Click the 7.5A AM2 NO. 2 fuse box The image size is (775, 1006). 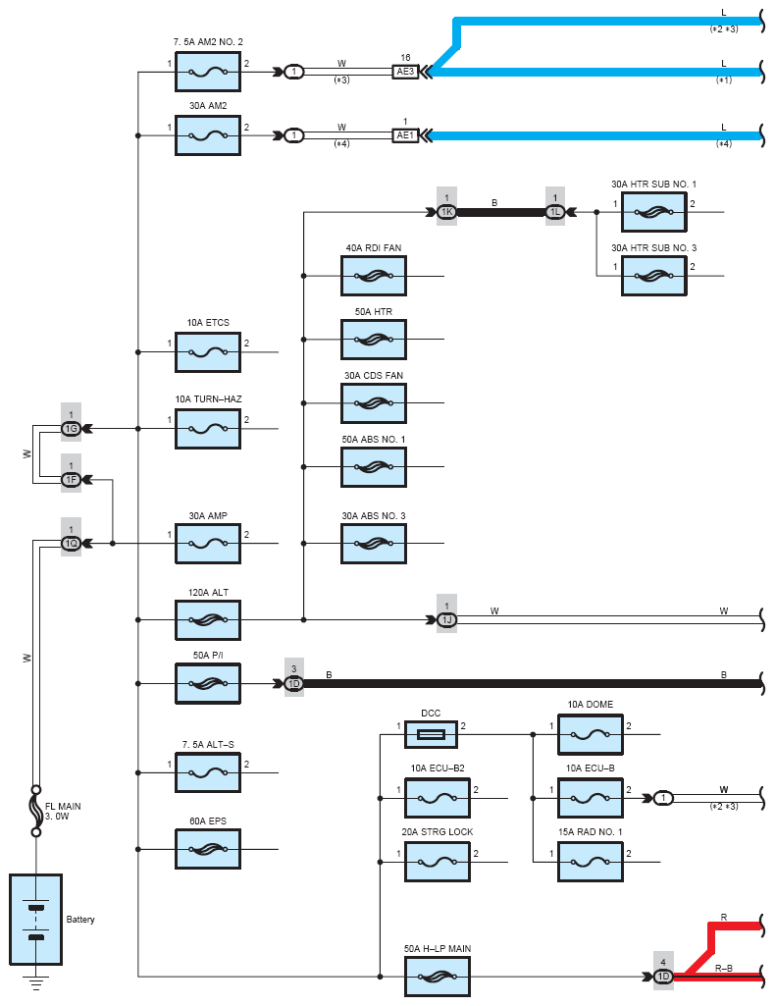click(208, 72)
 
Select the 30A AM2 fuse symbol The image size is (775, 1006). click(208, 135)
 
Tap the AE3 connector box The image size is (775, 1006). click(405, 72)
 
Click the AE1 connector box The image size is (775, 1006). click(405, 135)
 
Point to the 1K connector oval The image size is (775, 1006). click(446, 212)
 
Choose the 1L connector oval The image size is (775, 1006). click(555, 212)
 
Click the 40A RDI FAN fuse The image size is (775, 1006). click(374, 276)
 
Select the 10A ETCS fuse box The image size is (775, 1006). click(208, 352)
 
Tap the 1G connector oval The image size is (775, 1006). click(72, 429)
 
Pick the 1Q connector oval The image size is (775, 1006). click(72, 544)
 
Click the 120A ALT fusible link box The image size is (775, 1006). click(208, 619)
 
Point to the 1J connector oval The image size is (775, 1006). click(446, 619)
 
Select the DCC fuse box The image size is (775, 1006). click(431, 734)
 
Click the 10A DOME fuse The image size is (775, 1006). click(591, 734)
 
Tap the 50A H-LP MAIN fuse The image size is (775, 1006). click(438, 977)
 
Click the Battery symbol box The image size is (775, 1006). click(36, 920)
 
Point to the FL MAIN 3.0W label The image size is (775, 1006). click(63, 811)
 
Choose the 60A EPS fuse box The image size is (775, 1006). click(208, 849)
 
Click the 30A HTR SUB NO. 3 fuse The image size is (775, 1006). click(654, 276)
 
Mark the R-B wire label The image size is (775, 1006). click(724, 968)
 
